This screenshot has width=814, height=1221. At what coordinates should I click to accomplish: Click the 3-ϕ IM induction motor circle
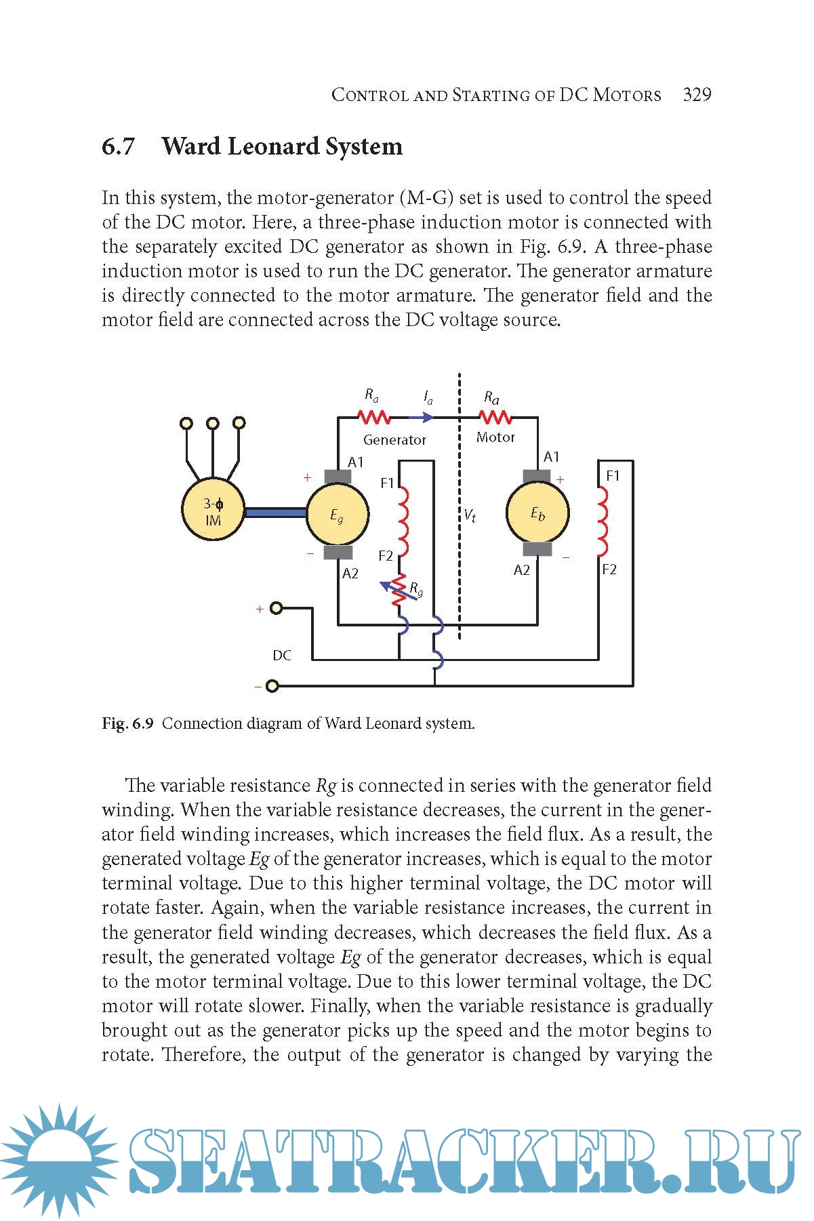(213, 511)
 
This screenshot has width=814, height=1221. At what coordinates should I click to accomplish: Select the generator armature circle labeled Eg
(338, 515)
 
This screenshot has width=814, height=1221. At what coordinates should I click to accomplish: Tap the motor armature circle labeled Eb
(537, 513)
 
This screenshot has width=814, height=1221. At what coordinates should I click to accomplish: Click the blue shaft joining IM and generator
(275, 513)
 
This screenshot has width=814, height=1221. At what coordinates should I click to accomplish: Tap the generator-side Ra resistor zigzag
(373, 416)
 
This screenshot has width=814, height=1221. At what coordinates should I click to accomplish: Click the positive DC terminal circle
(276, 608)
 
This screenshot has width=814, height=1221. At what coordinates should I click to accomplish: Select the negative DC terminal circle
(272, 686)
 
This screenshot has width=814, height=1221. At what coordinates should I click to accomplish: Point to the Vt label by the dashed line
(470, 516)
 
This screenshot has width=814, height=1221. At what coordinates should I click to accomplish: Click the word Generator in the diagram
(394, 440)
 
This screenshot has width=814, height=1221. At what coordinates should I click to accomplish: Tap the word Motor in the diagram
(495, 438)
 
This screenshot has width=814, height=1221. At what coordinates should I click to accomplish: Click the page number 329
(697, 94)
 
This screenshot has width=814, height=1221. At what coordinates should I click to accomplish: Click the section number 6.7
(119, 146)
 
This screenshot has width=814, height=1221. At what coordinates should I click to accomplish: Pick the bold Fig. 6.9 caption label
(128, 723)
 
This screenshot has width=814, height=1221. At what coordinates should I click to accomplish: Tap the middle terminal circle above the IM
(213, 423)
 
